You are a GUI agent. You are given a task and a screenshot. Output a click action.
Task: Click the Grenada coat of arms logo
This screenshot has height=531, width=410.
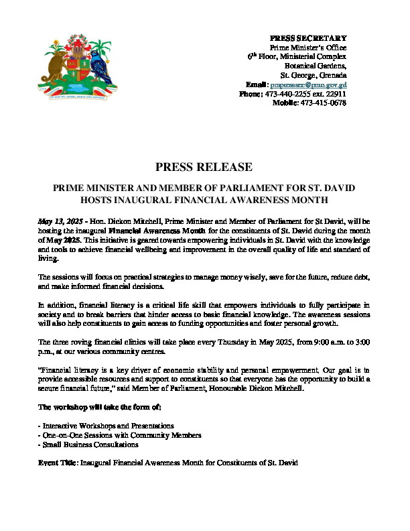[74, 68]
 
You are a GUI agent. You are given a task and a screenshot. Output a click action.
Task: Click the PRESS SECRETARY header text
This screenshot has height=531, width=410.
[307, 38]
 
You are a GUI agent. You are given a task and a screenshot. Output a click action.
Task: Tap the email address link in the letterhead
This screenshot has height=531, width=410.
[308, 85]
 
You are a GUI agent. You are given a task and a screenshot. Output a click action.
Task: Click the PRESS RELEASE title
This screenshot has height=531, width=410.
[204, 167]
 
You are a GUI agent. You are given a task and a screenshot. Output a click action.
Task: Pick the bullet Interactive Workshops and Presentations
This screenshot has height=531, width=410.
[108, 426]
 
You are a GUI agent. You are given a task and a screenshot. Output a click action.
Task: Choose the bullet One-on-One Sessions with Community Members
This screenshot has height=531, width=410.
[121, 435]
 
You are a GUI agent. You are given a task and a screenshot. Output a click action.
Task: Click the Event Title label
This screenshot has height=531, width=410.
[58, 463]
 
